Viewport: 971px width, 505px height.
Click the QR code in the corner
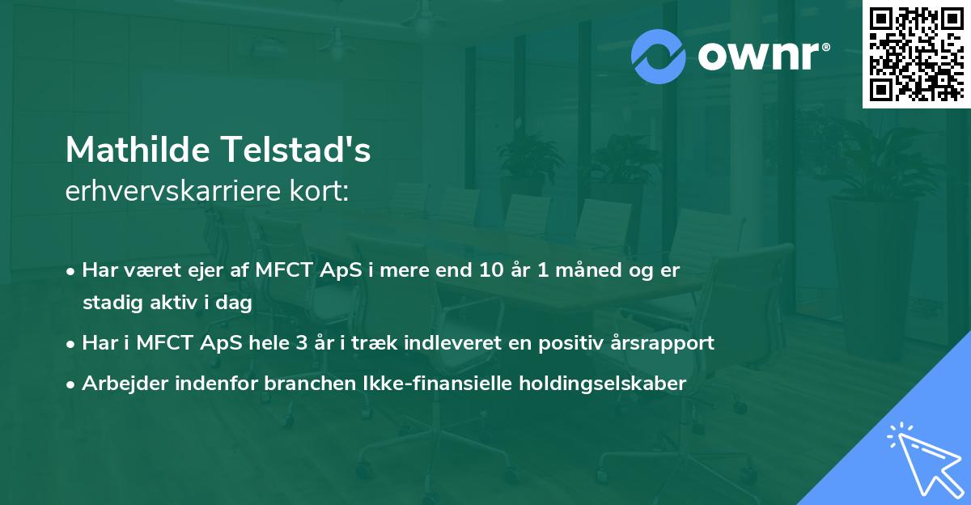(916, 54)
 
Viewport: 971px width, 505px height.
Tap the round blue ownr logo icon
(659, 57)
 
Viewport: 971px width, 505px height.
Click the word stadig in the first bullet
(109, 303)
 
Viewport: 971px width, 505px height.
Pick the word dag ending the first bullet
(235, 303)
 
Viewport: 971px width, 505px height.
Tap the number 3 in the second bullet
(301, 343)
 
